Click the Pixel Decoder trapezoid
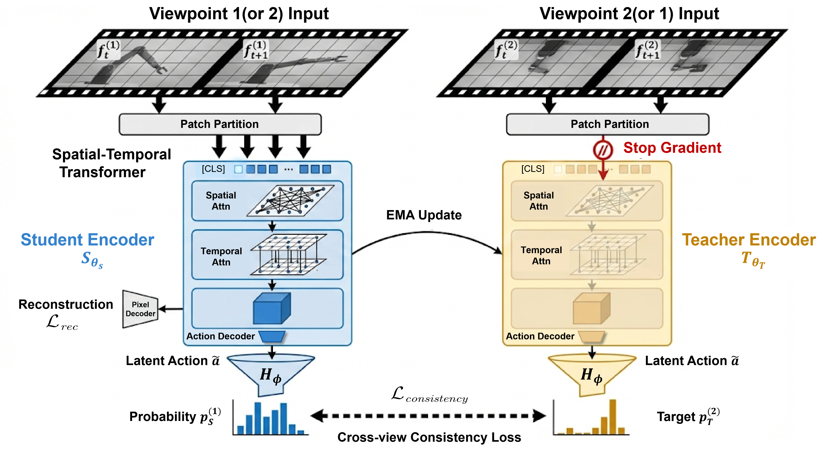pyautogui.click(x=140, y=309)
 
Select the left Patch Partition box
pyautogui.click(x=220, y=124)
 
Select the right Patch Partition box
pyautogui.click(x=607, y=124)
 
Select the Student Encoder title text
pyautogui.click(x=87, y=240)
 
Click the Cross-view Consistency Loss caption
pyautogui.click(x=429, y=437)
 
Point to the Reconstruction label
pyautogui.click(x=66, y=305)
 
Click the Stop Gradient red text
pyautogui.click(x=672, y=148)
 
